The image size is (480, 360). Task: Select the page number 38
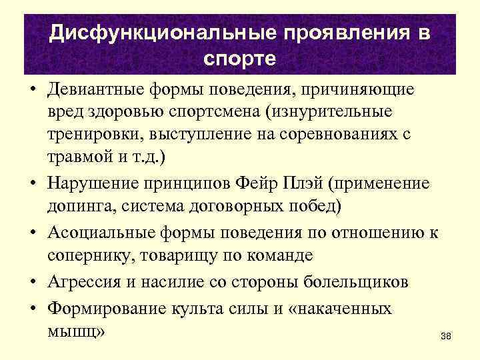pyautogui.click(x=446, y=337)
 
